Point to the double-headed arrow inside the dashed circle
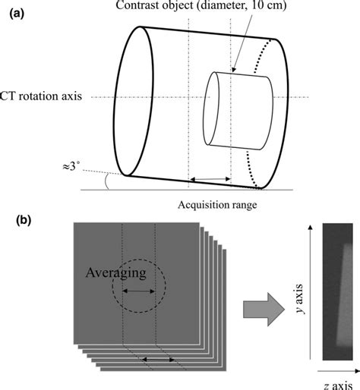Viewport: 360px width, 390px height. pos(139,291)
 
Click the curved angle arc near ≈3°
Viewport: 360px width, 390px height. pos(109,180)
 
